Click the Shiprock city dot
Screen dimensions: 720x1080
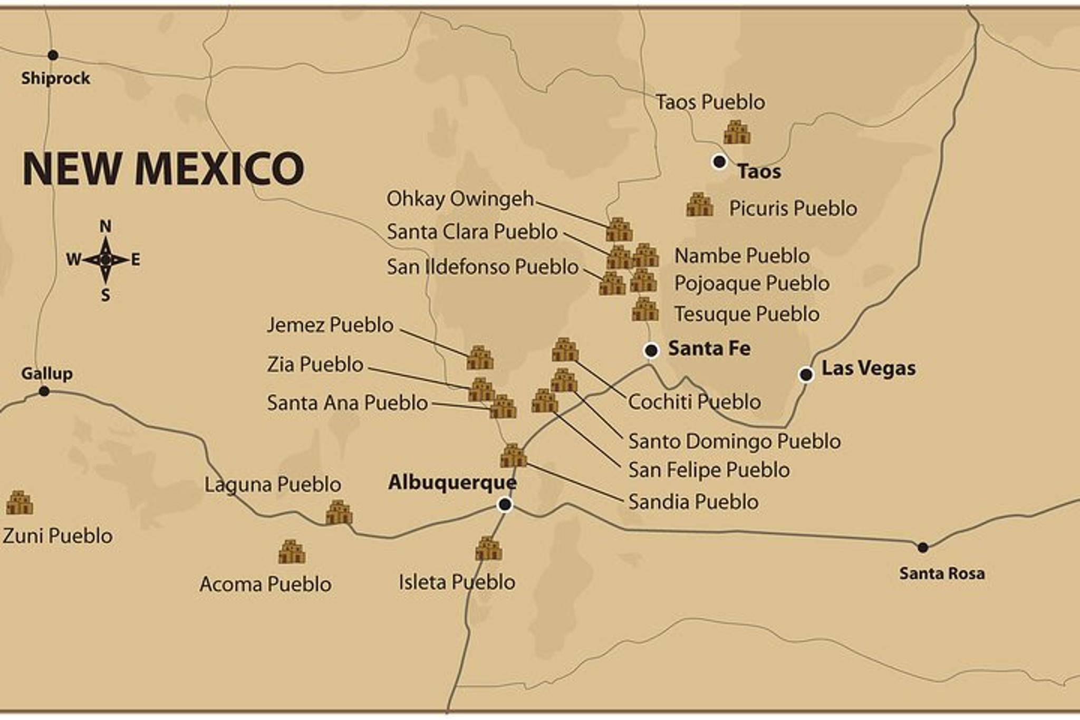pyautogui.click(x=53, y=55)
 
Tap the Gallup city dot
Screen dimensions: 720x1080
pyautogui.click(x=44, y=391)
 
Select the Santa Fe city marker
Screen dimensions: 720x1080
pyautogui.click(x=651, y=350)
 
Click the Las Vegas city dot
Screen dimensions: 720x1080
pyautogui.click(x=806, y=375)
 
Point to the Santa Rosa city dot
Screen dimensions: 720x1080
pyautogui.click(x=923, y=548)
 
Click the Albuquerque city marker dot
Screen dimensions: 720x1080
pyautogui.click(x=505, y=505)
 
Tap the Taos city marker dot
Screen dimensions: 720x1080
pyautogui.click(x=719, y=161)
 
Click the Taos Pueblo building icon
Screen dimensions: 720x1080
pyautogui.click(x=737, y=132)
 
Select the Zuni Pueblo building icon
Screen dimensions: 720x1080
pyautogui.click(x=20, y=503)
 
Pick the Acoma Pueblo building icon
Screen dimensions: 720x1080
pyautogui.click(x=292, y=552)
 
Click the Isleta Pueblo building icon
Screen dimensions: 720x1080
pyautogui.click(x=488, y=549)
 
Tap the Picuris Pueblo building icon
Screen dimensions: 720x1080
pyautogui.click(x=700, y=205)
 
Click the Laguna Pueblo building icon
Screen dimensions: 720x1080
pyautogui.click(x=339, y=512)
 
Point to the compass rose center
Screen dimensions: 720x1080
pyautogui.click(x=105, y=260)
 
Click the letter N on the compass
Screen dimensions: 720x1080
pyautogui.click(x=105, y=227)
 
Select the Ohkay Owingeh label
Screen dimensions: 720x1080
pyautogui.click(x=460, y=199)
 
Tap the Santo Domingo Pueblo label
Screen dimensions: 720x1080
pyautogui.click(x=734, y=441)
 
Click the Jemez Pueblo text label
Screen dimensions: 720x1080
pyautogui.click(x=330, y=324)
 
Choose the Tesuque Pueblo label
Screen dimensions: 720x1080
pyautogui.click(x=747, y=314)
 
